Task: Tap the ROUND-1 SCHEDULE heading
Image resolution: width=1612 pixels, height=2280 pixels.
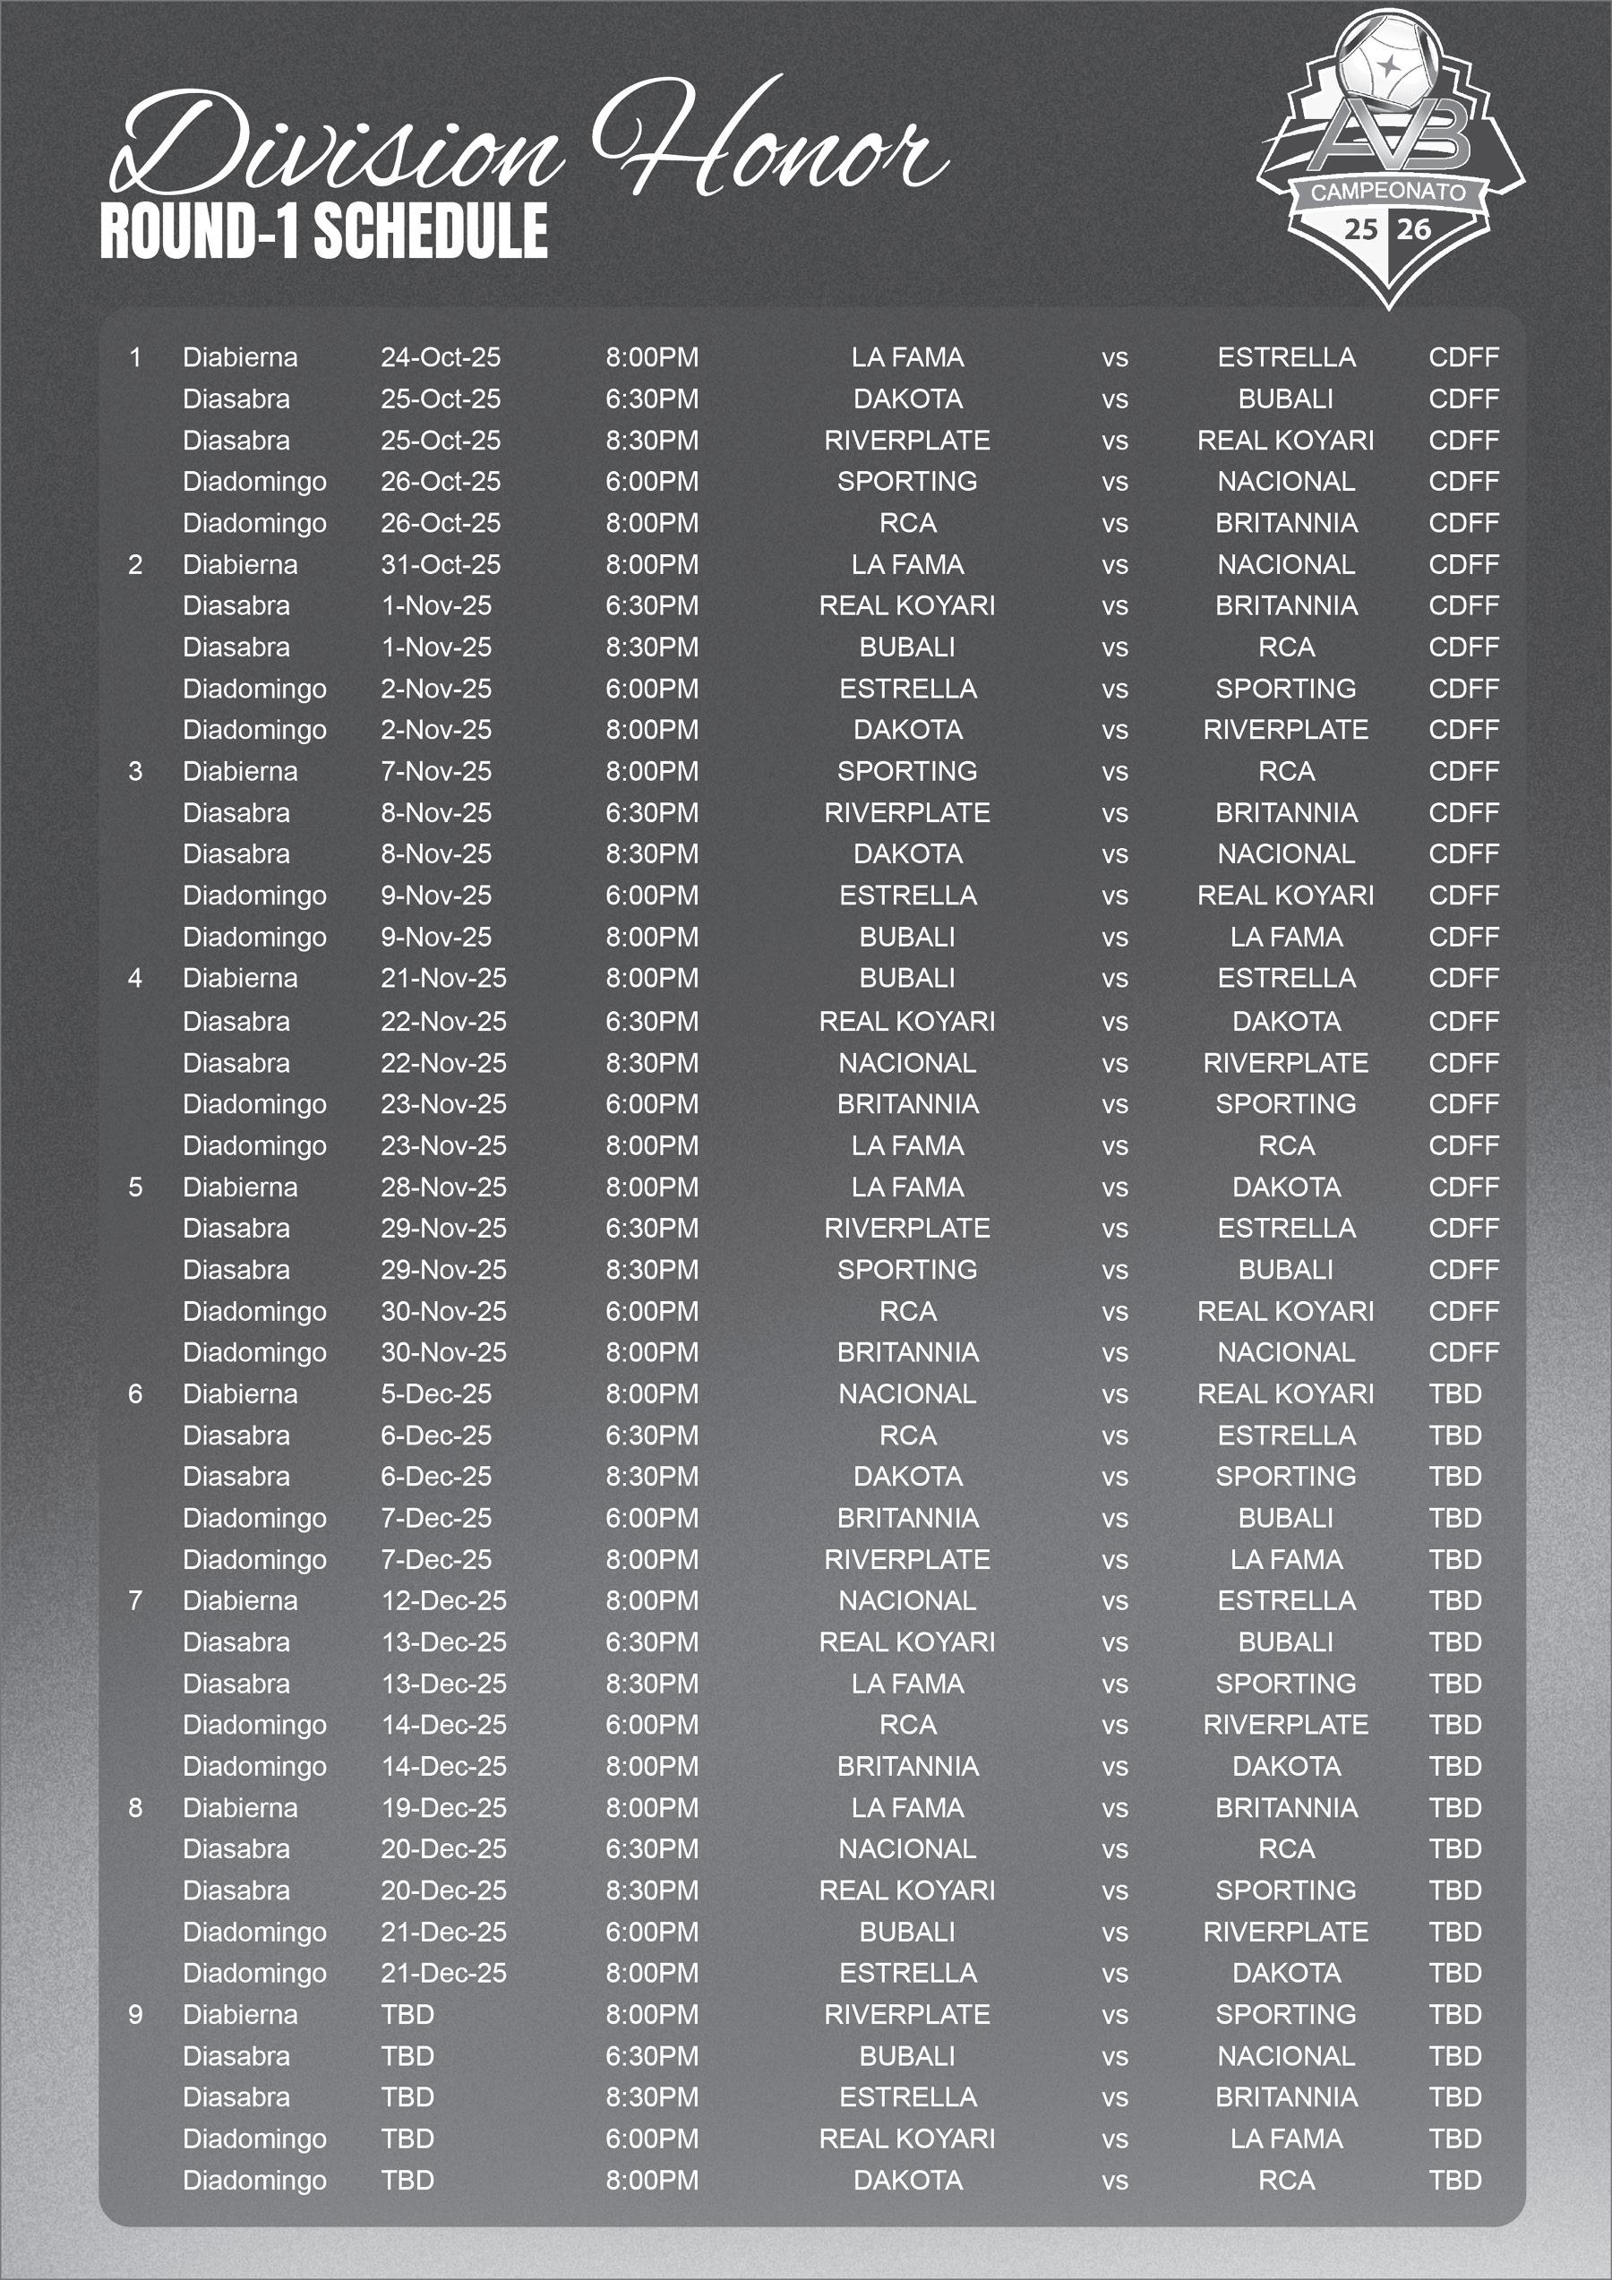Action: (x=324, y=230)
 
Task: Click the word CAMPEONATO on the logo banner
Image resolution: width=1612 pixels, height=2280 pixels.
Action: (x=1387, y=193)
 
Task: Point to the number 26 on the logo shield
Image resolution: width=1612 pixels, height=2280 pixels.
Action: (x=1413, y=230)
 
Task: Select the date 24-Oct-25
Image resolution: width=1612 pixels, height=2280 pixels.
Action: (x=440, y=357)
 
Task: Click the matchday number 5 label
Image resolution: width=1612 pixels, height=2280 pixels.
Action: (x=135, y=1187)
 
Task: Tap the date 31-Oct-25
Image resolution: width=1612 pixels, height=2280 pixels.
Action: (x=440, y=564)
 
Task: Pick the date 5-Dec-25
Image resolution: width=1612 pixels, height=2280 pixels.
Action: (x=436, y=1393)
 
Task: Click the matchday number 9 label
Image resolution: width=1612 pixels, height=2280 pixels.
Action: (x=135, y=2014)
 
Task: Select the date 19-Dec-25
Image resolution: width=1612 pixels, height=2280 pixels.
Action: (x=444, y=1807)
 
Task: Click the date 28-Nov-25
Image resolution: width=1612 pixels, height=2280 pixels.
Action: (x=443, y=1187)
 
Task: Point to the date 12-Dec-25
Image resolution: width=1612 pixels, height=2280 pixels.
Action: (x=444, y=1601)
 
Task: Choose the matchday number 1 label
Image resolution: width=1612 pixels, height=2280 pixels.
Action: (x=135, y=357)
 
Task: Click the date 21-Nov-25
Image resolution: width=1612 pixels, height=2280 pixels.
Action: (x=443, y=978)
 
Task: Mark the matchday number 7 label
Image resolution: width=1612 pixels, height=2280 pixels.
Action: (x=135, y=1601)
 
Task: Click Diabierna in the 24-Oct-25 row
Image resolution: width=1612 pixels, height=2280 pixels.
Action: (x=239, y=357)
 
